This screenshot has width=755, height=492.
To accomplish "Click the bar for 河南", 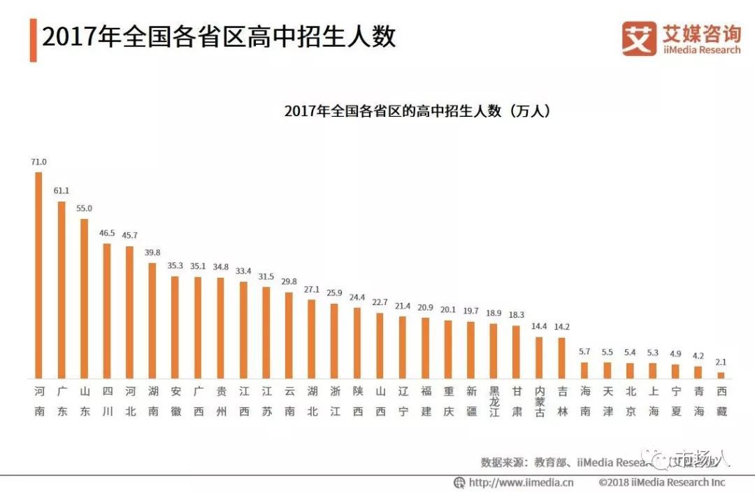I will click(x=39, y=274).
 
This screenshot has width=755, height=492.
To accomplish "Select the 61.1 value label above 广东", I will click(x=62, y=190).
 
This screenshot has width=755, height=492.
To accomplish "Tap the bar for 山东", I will click(x=85, y=298).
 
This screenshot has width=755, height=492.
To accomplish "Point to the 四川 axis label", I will click(x=107, y=400).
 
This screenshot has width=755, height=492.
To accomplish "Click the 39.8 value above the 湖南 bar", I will click(x=152, y=252).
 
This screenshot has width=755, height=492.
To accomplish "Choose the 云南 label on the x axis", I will click(x=289, y=400).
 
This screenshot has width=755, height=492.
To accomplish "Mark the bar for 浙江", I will click(x=334, y=340).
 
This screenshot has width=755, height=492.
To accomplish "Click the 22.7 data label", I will click(x=380, y=302).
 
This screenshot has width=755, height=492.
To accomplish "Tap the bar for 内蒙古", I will click(x=539, y=357).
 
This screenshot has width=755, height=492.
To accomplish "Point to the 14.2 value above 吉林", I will click(x=561, y=327).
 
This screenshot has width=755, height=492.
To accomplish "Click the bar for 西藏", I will click(x=721, y=374).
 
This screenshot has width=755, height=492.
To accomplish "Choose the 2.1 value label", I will click(x=721, y=362).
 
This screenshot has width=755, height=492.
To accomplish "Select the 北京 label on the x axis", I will click(x=630, y=400).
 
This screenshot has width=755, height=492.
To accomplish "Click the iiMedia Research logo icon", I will click(x=639, y=38).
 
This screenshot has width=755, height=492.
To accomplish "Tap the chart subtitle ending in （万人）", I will click(x=417, y=111).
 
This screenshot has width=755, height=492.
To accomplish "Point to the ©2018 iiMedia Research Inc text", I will click(x=661, y=482).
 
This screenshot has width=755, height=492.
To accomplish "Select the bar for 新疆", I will click(x=470, y=349).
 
